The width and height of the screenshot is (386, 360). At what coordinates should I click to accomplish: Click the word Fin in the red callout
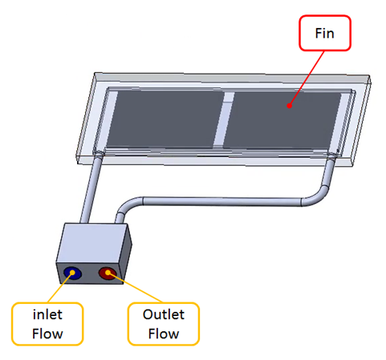[x=324, y=34]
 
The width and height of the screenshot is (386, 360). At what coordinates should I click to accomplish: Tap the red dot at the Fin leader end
[x=289, y=106]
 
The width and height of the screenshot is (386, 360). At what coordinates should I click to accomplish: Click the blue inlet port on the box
[x=72, y=273]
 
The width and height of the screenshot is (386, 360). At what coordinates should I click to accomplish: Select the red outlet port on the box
[x=108, y=273]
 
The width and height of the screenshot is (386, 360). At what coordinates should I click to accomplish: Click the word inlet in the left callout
[x=47, y=314]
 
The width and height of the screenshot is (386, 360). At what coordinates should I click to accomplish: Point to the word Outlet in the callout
[x=164, y=314]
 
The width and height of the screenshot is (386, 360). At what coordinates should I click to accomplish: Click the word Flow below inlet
[x=47, y=334]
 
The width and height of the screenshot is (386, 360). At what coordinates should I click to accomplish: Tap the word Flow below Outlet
[x=164, y=334]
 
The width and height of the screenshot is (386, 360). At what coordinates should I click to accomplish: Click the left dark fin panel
[x=166, y=119]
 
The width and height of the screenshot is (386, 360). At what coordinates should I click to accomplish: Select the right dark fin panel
[x=282, y=119]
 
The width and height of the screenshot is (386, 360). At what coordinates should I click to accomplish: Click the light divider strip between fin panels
[x=224, y=119]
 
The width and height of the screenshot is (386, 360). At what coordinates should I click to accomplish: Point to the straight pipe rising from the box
[x=91, y=190]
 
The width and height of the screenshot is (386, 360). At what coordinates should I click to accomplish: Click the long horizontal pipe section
[x=222, y=201]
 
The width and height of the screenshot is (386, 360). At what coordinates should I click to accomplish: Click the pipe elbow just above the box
[x=126, y=206]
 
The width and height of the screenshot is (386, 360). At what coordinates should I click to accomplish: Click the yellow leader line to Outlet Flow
[x=135, y=287]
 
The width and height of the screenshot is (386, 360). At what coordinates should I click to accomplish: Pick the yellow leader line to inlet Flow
[x=60, y=288]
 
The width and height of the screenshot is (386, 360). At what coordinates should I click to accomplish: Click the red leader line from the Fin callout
[x=307, y=78]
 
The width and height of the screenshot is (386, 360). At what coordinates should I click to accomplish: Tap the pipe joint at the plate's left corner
[x=99, y=154]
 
